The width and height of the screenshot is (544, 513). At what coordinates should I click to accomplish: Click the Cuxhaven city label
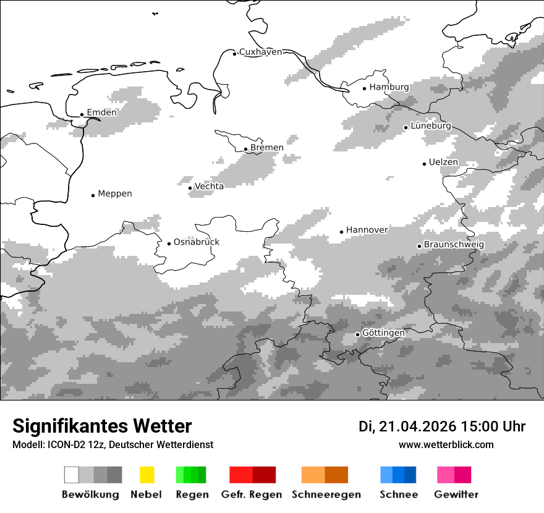tap(260, 52)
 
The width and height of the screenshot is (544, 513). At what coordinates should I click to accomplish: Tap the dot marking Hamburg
tap(365, 88)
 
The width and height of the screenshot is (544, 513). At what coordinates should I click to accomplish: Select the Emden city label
tap(101, 112)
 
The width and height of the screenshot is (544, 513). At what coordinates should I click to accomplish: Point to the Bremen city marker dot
tap(245, 149)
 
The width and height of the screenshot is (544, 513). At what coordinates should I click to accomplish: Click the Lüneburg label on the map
tap(431, 126)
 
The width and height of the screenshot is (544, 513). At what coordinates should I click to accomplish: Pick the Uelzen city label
tap(443, 163)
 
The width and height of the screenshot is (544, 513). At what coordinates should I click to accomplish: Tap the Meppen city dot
tap(93, 195)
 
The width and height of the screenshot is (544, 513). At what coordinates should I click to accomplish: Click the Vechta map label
tap(210, 186)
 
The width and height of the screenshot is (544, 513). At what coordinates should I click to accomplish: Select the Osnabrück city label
tap(197, 242)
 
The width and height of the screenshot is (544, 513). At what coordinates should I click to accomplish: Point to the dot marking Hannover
tap(341, 232)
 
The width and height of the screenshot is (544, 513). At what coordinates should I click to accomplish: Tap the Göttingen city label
tap(383, 333)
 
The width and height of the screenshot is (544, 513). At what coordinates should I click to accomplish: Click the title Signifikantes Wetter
tap(102, 426)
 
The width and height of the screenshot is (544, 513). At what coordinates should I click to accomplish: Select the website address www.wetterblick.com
tap(446, 444)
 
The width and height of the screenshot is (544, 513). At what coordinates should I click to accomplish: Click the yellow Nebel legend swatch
tap(147, 475)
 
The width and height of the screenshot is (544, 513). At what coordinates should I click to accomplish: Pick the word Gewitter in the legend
tap(456, 494)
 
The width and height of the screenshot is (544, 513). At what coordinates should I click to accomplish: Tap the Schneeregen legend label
tap(326, 494)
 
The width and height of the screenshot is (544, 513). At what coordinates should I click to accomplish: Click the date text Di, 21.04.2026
tap(407, 426)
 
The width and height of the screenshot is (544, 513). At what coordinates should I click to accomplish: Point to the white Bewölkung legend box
tap(72, 475)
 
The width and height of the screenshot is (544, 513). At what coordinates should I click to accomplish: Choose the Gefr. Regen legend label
tap(252, 494)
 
